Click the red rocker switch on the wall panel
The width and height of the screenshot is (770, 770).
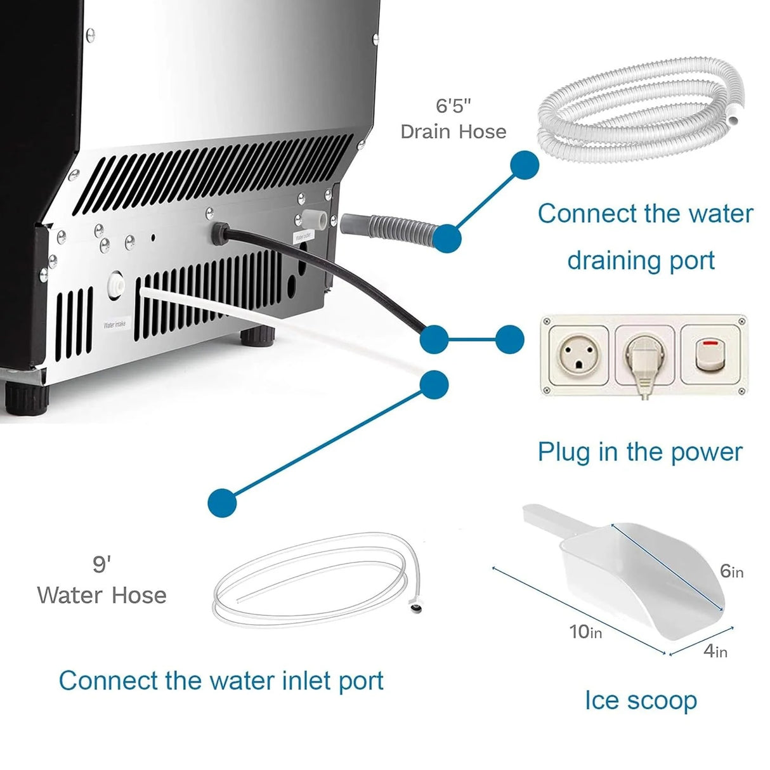pyautogui.click(x=708, y=356)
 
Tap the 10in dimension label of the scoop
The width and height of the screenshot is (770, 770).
pyautogui.click(x=585, y=631)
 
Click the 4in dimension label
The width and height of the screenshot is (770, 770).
pyautogui.click(x=715, y=651)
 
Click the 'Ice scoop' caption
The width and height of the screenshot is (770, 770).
pyautogui.click(x=640, y=700)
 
